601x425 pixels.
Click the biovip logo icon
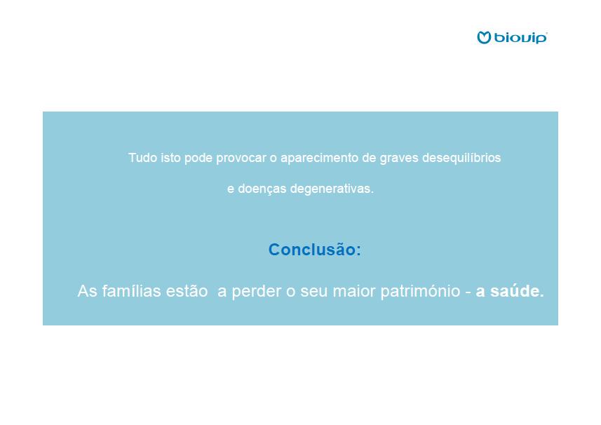click(484, 38)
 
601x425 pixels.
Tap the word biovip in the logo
click(520, 38)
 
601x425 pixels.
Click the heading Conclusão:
click(315, 250)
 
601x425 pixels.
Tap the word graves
click(399, 158)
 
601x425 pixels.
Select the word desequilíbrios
click(461, 158)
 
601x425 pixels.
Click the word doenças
click(262, 189)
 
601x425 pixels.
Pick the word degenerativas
click(332, 189)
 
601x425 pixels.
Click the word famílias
click(131, 291)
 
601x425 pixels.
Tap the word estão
click(187, 291)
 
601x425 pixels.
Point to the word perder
click(257, 292)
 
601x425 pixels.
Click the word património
click(420, 292)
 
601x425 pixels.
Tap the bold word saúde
click(517, 291)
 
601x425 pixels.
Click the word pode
click(198, 158)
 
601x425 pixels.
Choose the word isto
click(170, 158)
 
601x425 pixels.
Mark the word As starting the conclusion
click(88, 291)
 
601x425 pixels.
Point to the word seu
click(314, 292)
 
